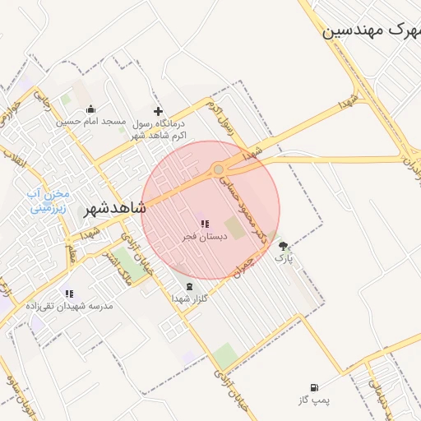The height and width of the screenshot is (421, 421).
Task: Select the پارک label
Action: (284, 258)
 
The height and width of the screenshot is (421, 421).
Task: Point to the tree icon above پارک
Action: (284, 246)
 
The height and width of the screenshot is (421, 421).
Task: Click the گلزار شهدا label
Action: (192, 298)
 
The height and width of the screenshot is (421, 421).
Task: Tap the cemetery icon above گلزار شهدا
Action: (192, 286)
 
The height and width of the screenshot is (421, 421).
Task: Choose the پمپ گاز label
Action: (313, 400)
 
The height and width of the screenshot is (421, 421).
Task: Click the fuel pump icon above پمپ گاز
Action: (313, 387)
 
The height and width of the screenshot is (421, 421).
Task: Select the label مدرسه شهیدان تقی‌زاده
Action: (71, 306)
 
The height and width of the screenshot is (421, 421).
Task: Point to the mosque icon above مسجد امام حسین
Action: (90, 109)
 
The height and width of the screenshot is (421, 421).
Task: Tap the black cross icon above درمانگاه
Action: (159, 111)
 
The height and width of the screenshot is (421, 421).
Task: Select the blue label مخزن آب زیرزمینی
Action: (50, 201)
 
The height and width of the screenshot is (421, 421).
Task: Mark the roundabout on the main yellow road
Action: (219, 170)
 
